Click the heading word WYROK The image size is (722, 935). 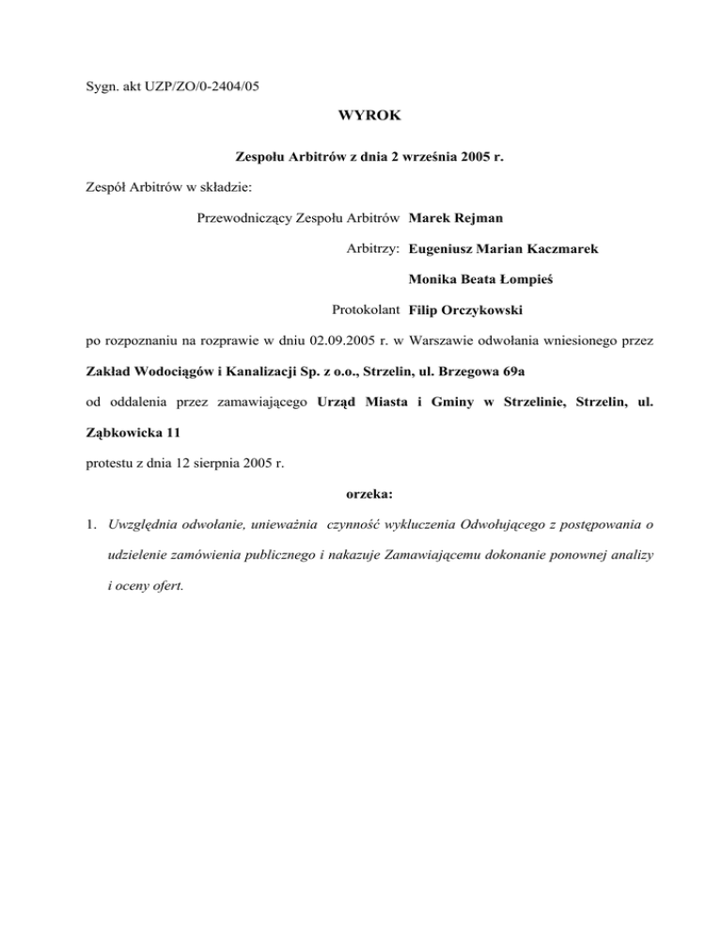[360, 119]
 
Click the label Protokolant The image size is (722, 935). [367, 309]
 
